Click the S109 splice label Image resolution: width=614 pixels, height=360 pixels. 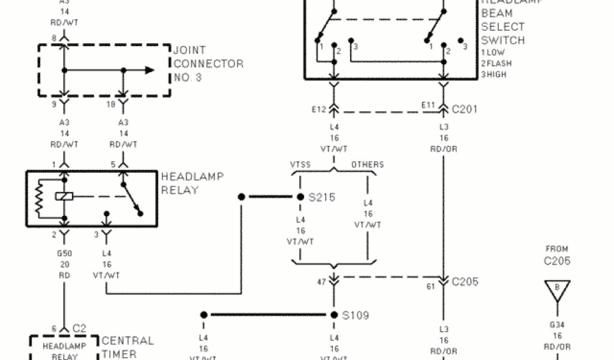pyautogui.click(x=356, y=315)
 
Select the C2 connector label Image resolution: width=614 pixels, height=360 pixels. pyautogui.click(x=79, y=328)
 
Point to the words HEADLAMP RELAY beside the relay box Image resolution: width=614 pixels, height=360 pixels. pyautogui.click(x=192, y=183)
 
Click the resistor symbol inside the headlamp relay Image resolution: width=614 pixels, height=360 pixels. pyautogui.click(x=40, y=198)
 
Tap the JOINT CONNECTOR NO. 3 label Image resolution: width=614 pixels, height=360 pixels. pyautogui.click(x=208, y=64)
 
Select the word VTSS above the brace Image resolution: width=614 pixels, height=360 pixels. pyautogui.click(x=300, y=164)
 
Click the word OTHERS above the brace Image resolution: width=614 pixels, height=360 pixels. pyautogui.click(x=368, y=164)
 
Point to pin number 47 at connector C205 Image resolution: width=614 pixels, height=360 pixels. pyautogui.click(x=322, y=281)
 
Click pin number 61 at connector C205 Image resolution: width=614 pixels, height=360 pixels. pyautogui.click(x=431, y=286)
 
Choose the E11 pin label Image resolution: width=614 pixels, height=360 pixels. pyautogui.click(x=428, y=105)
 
